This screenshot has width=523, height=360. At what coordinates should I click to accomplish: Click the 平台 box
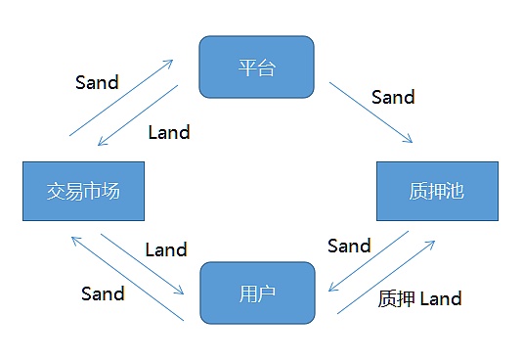257,67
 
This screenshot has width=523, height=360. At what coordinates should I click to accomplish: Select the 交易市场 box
83,191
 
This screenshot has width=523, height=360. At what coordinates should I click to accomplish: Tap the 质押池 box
437,191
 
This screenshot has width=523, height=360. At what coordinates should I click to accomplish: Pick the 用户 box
257,292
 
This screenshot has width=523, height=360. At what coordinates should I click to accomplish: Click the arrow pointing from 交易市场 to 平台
121,98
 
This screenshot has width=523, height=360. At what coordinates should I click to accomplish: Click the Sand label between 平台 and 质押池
393,97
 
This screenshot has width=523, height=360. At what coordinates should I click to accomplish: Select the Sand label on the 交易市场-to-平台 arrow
97,82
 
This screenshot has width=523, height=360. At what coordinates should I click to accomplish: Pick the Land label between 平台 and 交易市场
168,131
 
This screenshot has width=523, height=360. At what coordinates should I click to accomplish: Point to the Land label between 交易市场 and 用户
165,249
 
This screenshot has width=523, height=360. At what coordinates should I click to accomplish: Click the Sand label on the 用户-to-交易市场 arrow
103,292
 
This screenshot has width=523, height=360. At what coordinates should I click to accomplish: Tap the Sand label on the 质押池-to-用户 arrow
349,246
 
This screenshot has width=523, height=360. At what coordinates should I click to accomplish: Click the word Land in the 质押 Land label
440,298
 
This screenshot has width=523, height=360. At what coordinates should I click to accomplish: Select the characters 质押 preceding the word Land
396,298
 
